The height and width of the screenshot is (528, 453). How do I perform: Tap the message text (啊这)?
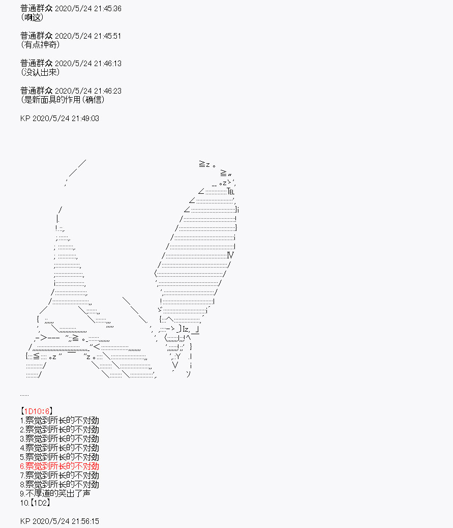pyautogui.click(x=32, y=17)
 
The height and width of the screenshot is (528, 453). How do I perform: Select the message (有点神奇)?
pyautogui.click(x=40, y=45)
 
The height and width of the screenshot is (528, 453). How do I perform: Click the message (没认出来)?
pyautogui.click(x=40, y=72)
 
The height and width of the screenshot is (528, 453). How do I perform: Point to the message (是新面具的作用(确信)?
pyautogui.click(x=63, y=100)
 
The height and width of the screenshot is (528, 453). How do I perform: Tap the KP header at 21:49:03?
pyautogui.click(x=59, y=118)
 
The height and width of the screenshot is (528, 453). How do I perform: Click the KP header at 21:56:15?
pyautogui.click(x=59, y=521)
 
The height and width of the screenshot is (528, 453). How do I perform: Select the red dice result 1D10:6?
pyautogui.click(x=37, y=411)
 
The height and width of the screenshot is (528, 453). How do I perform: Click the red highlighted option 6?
pyautogui.click(x=59, y=466)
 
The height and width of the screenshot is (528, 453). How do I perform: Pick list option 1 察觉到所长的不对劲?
pyautogui.click(x=59, y=420)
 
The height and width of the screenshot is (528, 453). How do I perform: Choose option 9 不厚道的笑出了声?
pyautogui.click(x=55, y=493)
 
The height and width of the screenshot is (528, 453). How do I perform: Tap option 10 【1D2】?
pyautogui.click(x=35, y=503)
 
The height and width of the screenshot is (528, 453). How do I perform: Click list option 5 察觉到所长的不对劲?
pyautogui.click(x=59, y=457)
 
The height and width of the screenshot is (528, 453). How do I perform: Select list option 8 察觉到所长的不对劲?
pyautogui.click(x=59, y=485)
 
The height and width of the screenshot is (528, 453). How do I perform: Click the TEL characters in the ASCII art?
pyautogui.click(x=231, y=192)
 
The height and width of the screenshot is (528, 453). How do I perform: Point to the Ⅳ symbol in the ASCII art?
pyautogui.click(x=230, y=255)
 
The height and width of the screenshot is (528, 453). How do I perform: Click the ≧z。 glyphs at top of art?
pyautogui.click(x=207, y=164)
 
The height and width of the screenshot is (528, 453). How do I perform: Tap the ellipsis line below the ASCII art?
pyautogui.click(x=24, y=395)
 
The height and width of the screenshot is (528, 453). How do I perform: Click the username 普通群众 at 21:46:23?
pyautogui.click(x=36, y=91)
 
